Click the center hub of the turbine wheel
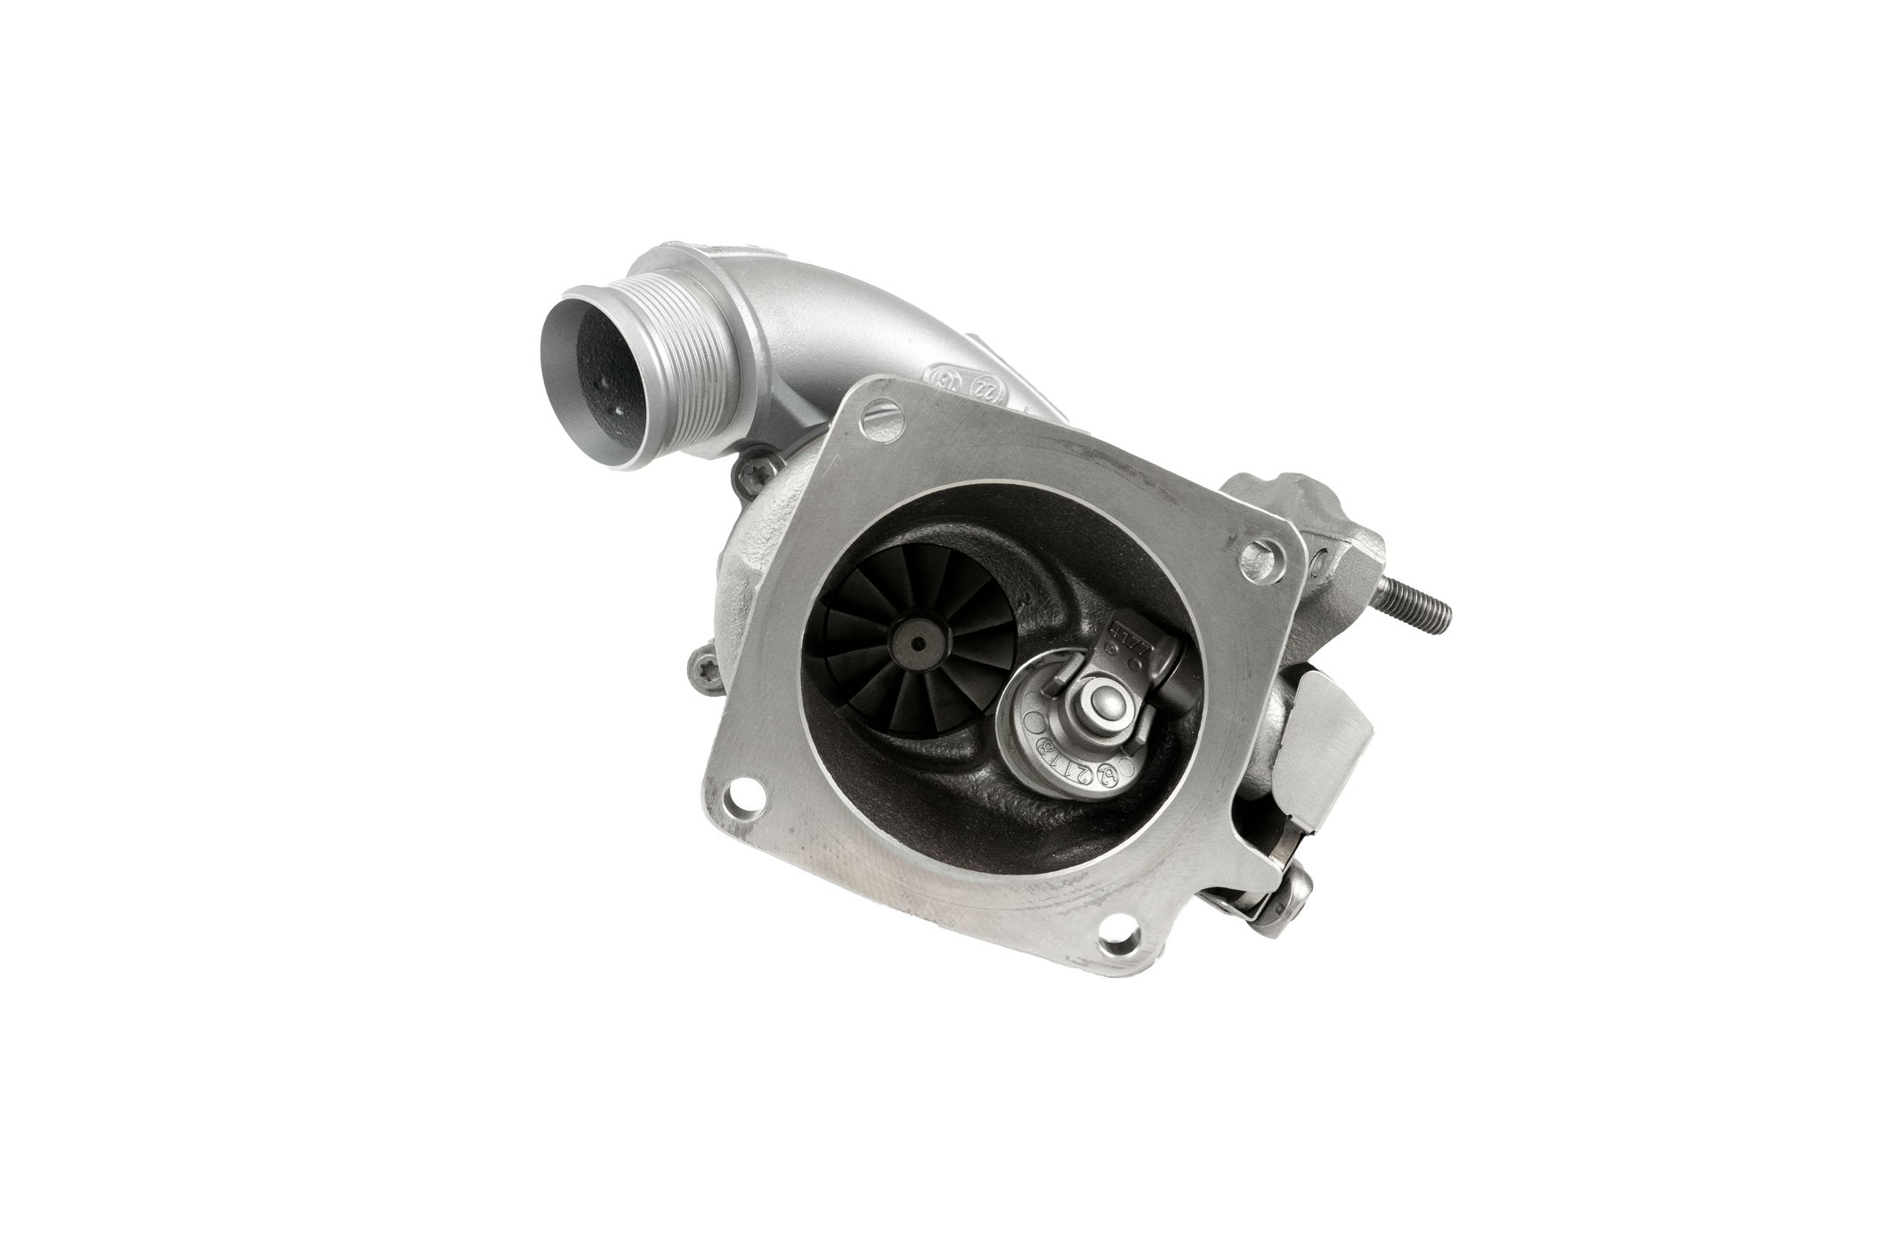[916, 638]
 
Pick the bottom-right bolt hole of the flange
[1113, 931]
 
